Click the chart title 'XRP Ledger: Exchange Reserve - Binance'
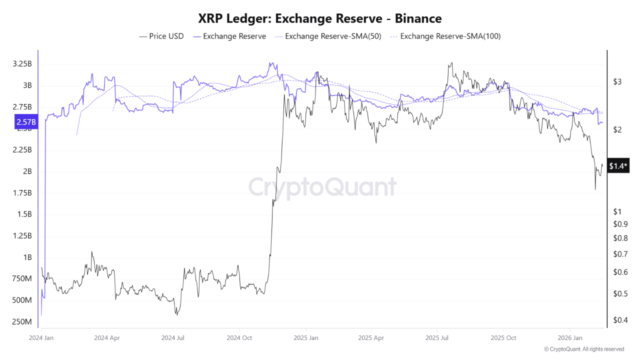coord(320,18)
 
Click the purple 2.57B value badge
coord(26,122)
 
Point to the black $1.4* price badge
coord(618,166)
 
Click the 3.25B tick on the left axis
coord(21,64)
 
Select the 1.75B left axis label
coord(21,193)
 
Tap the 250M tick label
coord(21,321)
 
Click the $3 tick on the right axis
coord(617,81)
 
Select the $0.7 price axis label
coord(620,254)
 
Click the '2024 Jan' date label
coord(41,337)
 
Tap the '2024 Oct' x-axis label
coord(239,337)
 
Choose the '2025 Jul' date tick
coord(437,337)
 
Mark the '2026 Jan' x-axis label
coord(570,337)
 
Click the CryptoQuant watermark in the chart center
coord(322,187)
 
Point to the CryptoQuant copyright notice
coord(583,349)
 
